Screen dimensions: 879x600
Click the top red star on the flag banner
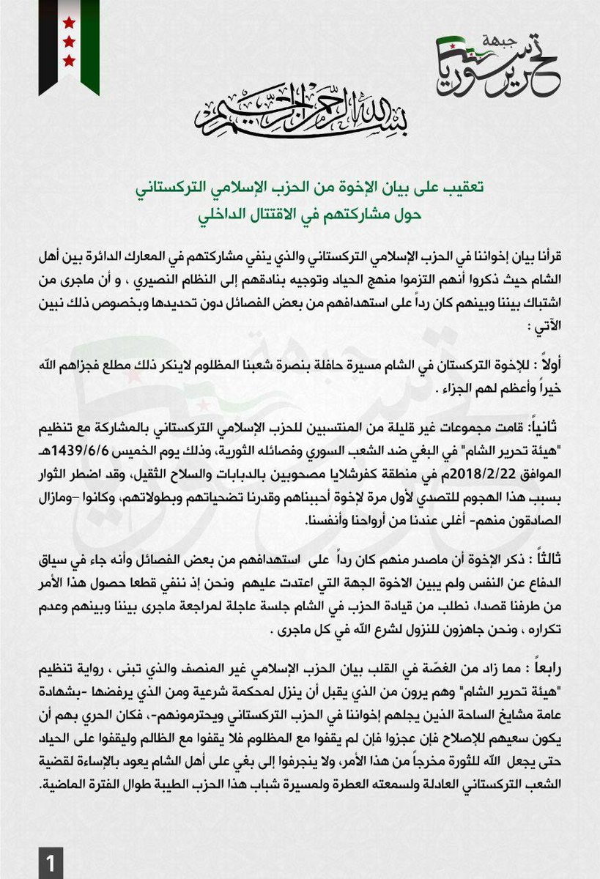(x=69, y=22)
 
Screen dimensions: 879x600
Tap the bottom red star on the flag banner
(x=69, y=59)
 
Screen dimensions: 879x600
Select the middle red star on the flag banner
(x=69, y=41)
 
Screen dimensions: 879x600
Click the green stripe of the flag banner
(x=91, y=44)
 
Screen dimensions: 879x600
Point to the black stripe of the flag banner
(x=48, y=44)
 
